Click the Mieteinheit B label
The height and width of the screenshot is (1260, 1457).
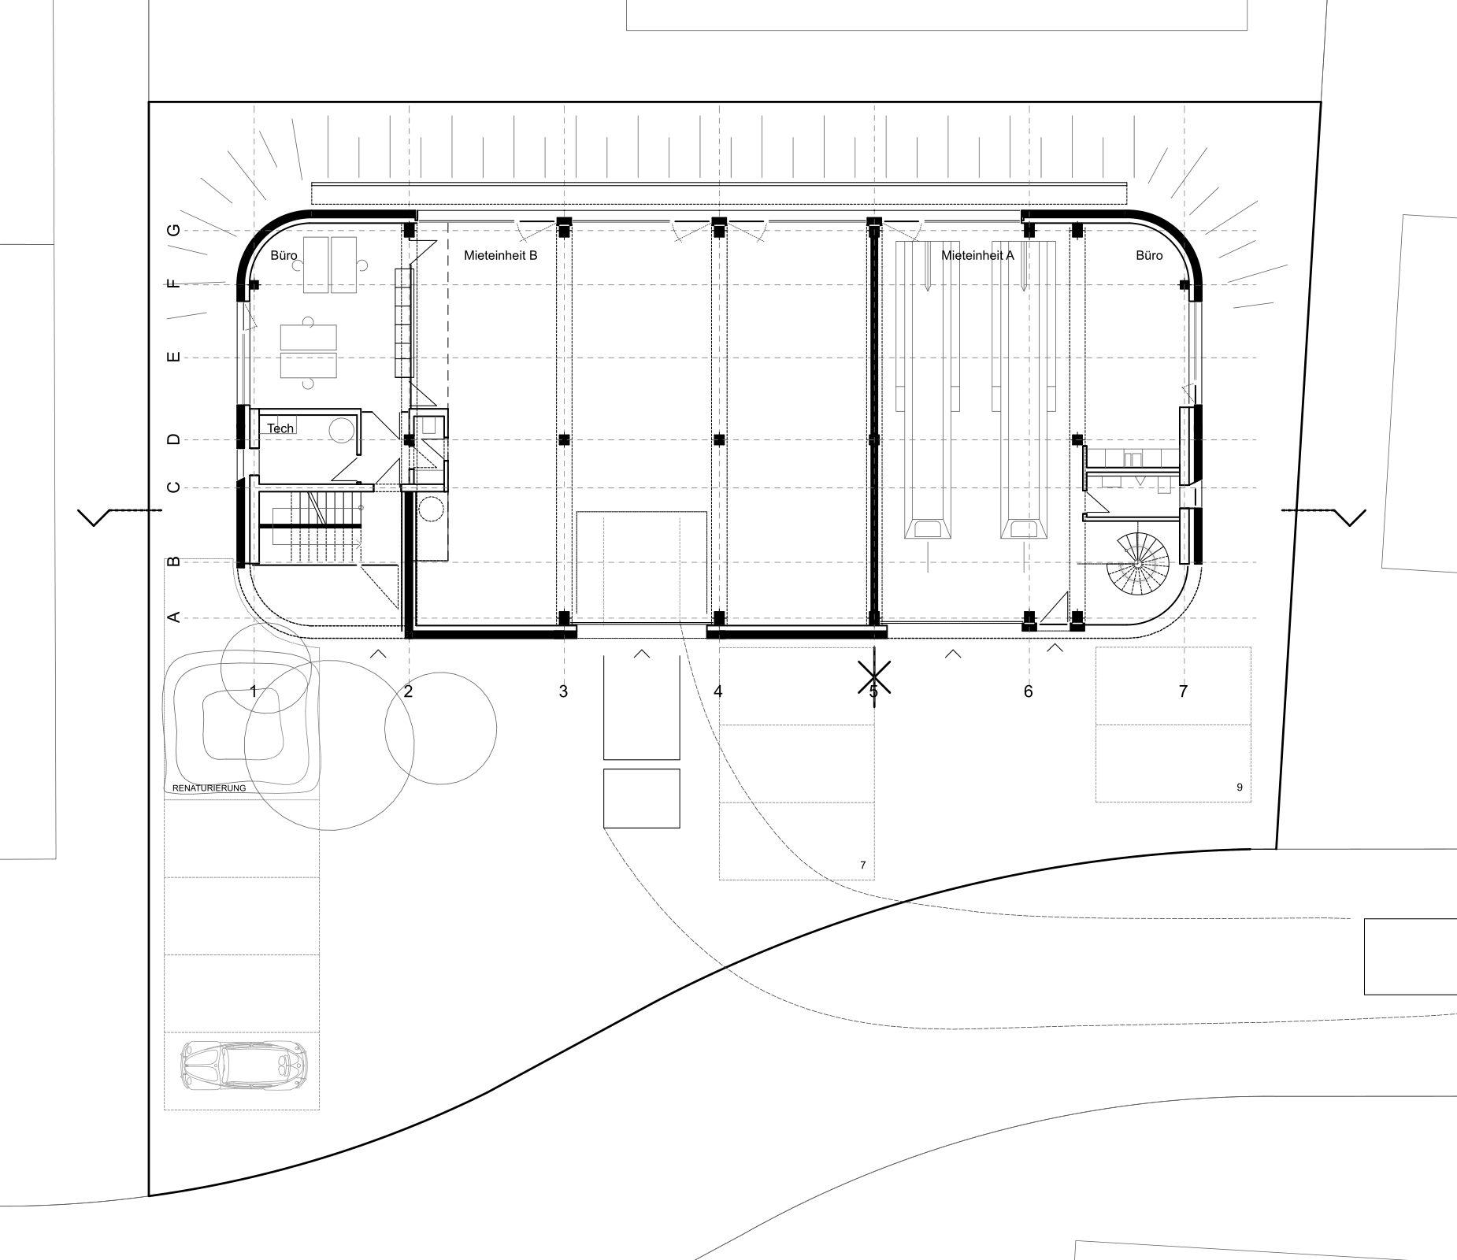point(500,255)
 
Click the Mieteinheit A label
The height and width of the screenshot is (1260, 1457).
point(977,255)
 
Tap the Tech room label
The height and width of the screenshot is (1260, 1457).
point(280,428)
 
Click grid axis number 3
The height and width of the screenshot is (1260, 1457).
point(562,691)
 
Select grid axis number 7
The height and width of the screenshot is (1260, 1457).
point(1182,691)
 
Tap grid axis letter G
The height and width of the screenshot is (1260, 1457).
point(174,230)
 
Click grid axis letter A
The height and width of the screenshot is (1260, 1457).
point(174,617)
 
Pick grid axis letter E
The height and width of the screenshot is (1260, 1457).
point(174,358)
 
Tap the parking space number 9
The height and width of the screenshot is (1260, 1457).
point(1239,787)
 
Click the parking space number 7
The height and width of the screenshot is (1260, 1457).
point(862,865)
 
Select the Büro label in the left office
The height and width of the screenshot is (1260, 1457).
point(284,255)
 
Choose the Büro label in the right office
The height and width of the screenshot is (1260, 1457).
point(1149,255)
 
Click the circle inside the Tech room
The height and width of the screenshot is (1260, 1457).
point(341,430)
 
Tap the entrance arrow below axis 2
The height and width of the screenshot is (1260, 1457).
point(379,652)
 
